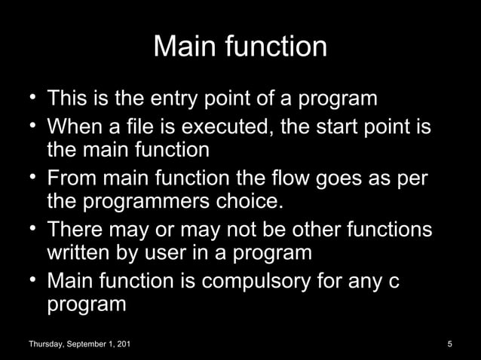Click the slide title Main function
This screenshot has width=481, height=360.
click(x=240, y=47)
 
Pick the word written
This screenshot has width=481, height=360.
click(x=79, y=252)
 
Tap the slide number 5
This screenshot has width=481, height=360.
click(x=449, y=345)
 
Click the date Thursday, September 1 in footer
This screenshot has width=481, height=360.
click(x=78, y=345)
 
